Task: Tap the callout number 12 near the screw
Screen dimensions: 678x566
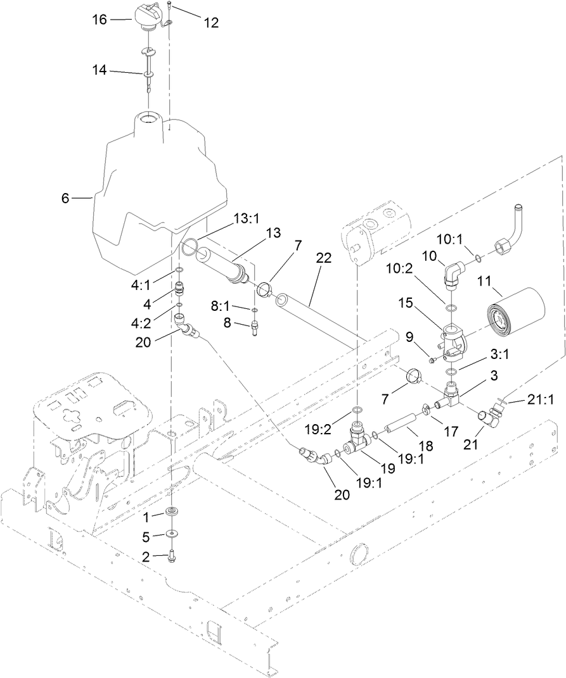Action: pos(210,23)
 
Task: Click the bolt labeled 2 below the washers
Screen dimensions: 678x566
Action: pos(172,556)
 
